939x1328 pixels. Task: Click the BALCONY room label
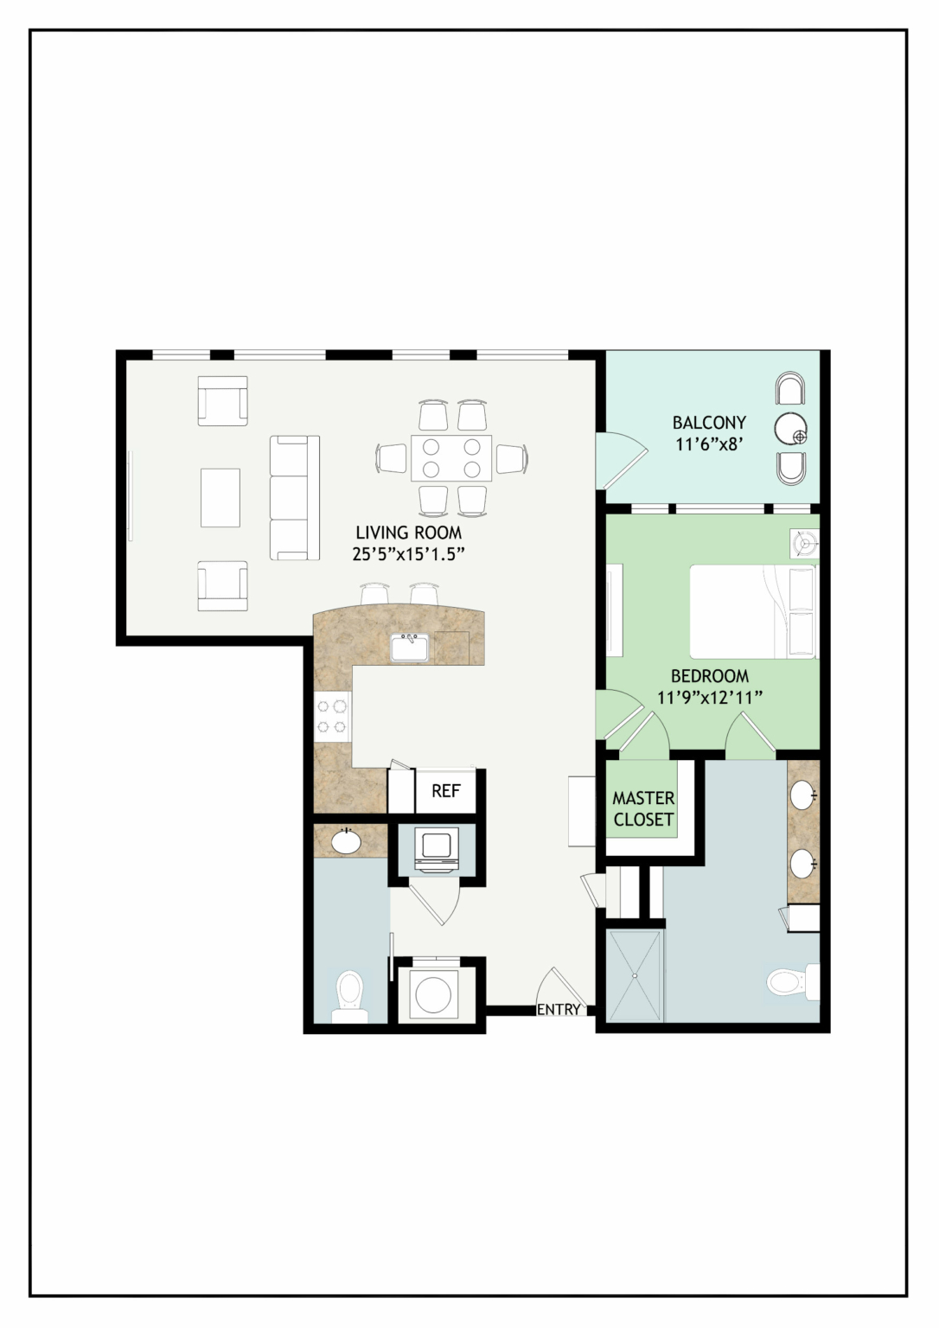click(709, 423)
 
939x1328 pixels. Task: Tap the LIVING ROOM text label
click(408, 532)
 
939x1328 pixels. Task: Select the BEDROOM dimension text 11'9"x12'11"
click(710, 697)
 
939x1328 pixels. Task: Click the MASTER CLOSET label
click(643, 808)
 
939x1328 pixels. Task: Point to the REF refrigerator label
click(446, 791)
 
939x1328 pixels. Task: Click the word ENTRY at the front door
click(559, 1008)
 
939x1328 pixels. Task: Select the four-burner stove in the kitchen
click(333, 718)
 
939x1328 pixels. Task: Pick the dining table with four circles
click(451, 457)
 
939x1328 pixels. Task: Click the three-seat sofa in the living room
click(295, 498)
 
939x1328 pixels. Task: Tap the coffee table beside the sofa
click(220, 497)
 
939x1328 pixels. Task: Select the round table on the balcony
click(791, 428)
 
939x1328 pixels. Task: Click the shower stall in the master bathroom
click(635, 976)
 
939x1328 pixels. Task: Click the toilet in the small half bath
click(350, 996)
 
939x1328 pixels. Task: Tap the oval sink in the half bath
click(348, 841)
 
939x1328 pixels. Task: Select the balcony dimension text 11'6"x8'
click(710, 444)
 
